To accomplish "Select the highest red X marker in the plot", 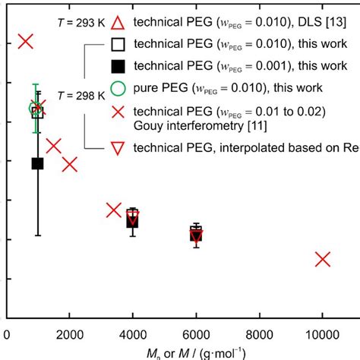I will (26, 41).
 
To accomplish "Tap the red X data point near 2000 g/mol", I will (70, 164).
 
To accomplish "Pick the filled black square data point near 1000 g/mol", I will (37, 163).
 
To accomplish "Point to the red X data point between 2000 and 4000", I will (115, 210).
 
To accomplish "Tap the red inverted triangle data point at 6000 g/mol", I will (196, 236).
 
